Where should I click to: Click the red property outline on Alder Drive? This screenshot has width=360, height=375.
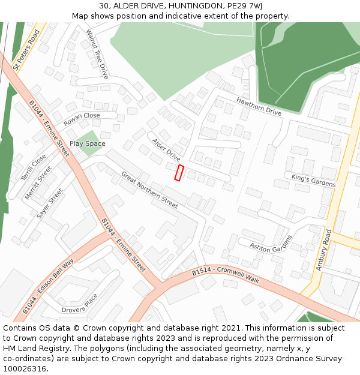pos(179,172)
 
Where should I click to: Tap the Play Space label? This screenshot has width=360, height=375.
pos(87,144)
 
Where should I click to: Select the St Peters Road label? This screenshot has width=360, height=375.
pos(26,50)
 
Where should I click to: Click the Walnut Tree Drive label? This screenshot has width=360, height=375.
pos(97,54)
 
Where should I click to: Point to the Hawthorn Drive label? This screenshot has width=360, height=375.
pos(259,106)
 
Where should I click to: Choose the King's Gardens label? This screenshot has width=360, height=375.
pos(313,180)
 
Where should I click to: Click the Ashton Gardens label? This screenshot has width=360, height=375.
pos(271,244)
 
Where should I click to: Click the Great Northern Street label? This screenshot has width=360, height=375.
pos(149,190)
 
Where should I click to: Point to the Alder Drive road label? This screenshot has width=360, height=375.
pos(166,150)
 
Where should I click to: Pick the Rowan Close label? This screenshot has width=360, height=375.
pos(82,119)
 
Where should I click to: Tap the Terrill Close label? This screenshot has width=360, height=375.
pos(33,168)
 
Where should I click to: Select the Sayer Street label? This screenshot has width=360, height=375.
pos(50,203)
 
